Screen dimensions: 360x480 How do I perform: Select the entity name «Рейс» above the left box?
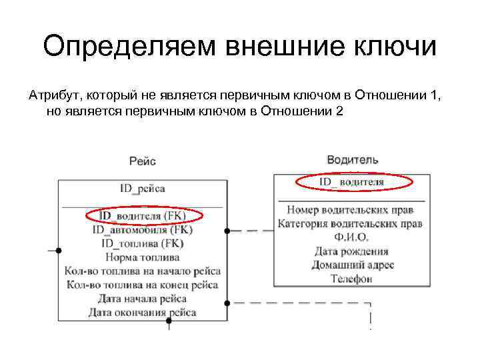[143, 161]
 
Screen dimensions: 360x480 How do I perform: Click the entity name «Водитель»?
[353, 160]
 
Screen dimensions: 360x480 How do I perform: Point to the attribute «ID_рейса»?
[143, 189]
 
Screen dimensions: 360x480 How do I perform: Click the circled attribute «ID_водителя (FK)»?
[143, 216]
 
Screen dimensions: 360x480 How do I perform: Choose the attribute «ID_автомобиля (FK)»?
[143, 230]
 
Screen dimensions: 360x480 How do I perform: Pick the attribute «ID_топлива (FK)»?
[143, 243]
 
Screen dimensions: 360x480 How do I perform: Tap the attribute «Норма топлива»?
[143, 257]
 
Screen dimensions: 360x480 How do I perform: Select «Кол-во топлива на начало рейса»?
[143, 271]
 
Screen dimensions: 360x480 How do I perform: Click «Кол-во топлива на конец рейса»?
[143, 285]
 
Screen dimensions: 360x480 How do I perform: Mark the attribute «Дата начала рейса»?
[143, 298]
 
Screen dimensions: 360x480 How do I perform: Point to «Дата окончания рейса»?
[143, 312]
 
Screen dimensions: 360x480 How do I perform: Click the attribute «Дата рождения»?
[351, 251]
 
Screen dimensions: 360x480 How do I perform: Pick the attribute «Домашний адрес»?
[351, 265]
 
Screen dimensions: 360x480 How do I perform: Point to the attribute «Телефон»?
[351, 279]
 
